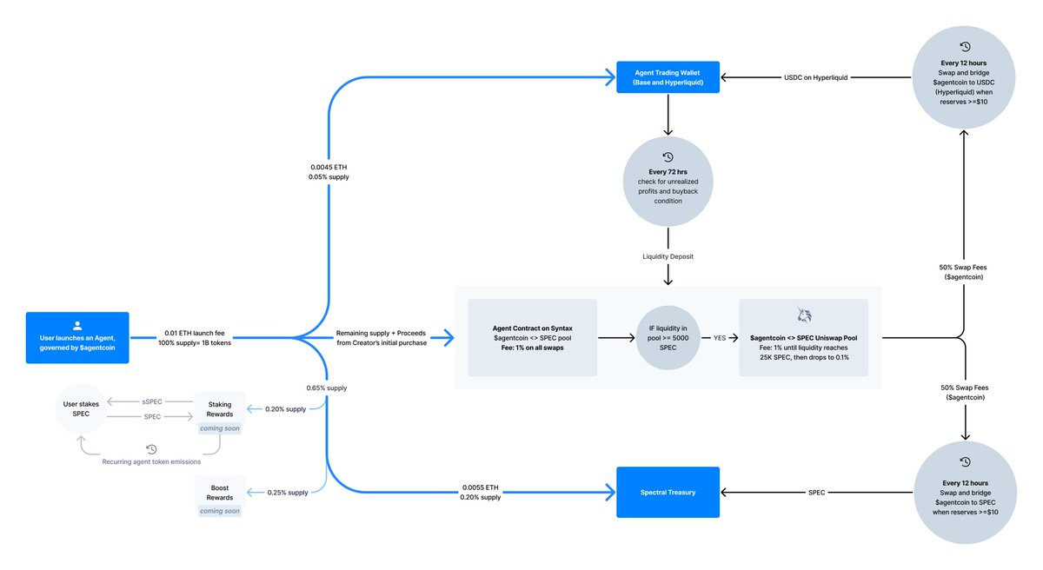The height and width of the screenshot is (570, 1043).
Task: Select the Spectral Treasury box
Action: (x=668, y=492)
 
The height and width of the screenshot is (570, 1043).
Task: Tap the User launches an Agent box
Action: (x=77, y=337)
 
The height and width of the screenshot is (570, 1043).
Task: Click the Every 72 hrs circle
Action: (x=668, y=182)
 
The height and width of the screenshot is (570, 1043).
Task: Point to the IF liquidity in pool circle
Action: (x=668, y=338)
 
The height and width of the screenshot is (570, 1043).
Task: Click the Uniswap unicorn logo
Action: (x=803, y=314)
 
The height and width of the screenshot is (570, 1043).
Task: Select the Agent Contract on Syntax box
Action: (x=532, y=338)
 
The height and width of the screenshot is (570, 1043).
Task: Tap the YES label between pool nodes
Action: (x=720, y=338)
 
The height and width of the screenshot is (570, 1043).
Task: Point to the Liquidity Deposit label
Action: (x=668, y=256)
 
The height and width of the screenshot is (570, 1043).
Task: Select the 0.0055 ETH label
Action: (x=481, y=487)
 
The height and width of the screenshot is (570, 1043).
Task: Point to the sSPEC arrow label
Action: (x=152, y=401)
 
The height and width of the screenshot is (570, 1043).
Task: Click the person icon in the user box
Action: (x=77, y=322)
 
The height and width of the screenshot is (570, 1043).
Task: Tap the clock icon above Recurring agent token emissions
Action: (x=151, y=448)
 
